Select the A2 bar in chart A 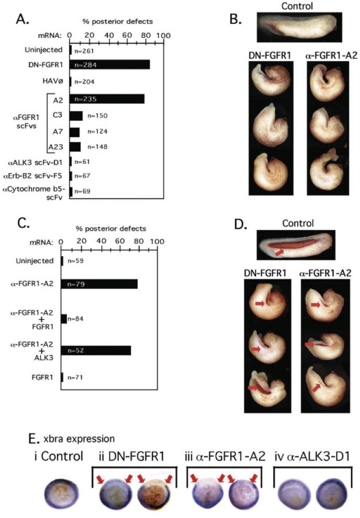[x=107, y=99]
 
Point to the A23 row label [x=59, y=147]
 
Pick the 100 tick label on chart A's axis [x=164, y=36]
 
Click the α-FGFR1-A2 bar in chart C [x=99, y=284]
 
